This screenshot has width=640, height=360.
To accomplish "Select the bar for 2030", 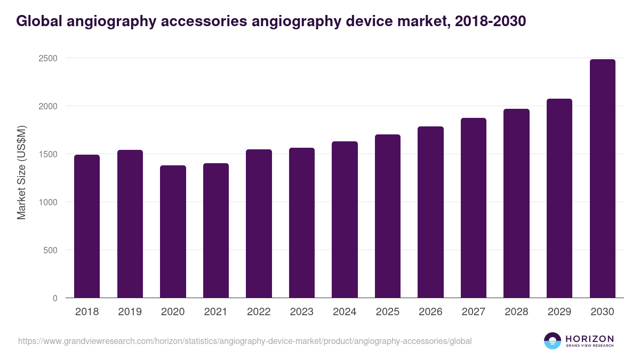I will tap(602, 179).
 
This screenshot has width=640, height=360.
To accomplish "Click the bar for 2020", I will tap(173, 231).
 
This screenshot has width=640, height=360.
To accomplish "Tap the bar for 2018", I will tap(87, 226).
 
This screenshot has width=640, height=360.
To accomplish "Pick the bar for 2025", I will tap(388, 216).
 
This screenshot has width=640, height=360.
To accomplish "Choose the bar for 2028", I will tap(516, 203).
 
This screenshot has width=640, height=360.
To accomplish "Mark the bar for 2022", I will tap(259, 223).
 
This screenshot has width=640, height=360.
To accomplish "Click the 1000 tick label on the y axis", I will tap(47, 202).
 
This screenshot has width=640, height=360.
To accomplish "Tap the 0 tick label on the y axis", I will tap(54, 298).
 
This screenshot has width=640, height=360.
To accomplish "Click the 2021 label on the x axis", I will tap(215, 312).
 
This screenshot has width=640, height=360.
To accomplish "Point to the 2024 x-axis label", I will tap(345, 312).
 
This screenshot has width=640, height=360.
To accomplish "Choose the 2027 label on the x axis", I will tap(473, 312).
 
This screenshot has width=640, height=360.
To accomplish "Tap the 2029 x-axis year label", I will tap(559, 312).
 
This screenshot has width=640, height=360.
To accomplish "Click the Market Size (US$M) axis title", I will tap(21, 173).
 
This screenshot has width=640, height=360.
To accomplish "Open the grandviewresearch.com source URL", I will tap(245, 341).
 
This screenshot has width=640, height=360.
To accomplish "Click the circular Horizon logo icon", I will tap(553, 341).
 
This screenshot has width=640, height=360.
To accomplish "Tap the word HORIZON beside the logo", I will tap(589, 338).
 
